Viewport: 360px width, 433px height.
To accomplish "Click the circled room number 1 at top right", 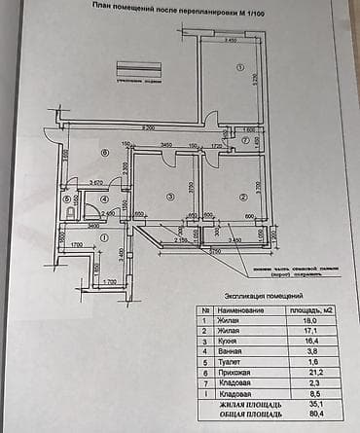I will (237, 67).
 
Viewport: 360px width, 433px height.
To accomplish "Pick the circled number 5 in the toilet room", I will (66, 200).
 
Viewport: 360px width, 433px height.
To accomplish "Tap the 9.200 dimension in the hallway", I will (150, 128).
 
